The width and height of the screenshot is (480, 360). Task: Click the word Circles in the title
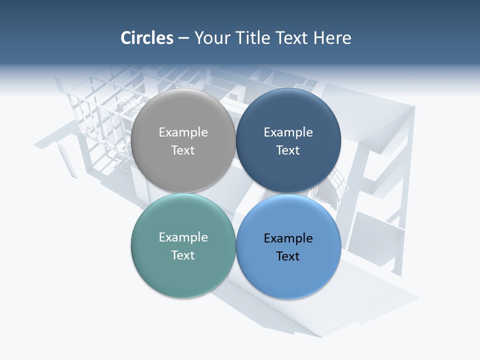pos(146,38)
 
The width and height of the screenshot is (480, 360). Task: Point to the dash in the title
pos(183,38)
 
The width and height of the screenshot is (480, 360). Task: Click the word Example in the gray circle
pos(183,132)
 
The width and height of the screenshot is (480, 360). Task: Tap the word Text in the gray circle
pos(183,150)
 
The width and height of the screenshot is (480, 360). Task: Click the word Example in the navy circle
pos(288,132)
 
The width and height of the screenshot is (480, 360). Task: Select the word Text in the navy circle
pos(288,150)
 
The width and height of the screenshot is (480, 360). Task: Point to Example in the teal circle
pos(183,237)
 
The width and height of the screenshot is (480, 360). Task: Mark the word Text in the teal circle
pos(183,255)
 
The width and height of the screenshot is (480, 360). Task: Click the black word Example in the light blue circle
pos(288,238)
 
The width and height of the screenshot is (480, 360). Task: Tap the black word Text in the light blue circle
pos(288,256)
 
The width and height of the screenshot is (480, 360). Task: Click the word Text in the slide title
pos(293,38)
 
